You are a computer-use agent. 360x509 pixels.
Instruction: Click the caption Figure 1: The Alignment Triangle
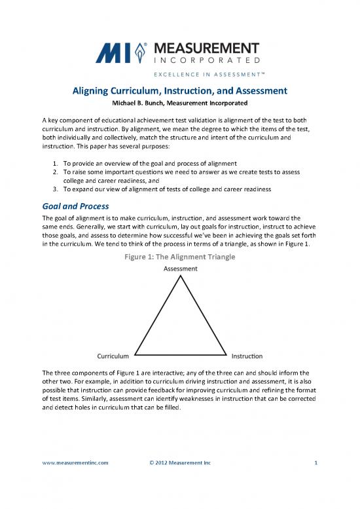tap(179, 257)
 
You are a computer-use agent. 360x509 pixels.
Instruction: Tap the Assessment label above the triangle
tap(179, 269)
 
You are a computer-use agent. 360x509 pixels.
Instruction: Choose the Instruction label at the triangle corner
tap(247, 356)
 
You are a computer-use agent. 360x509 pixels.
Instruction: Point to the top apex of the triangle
tap(180, 276)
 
